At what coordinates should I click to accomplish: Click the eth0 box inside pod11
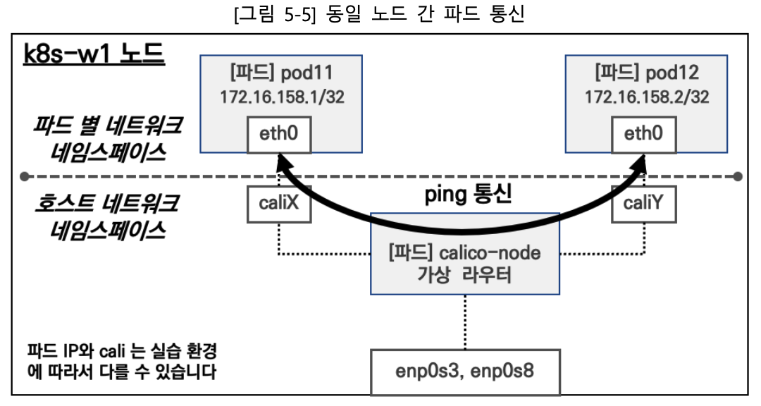tap(279, 135)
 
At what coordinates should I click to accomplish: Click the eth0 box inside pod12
tap(643, 135)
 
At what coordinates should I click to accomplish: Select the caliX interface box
tap(279, 204)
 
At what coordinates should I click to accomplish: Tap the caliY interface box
tap(643, 204)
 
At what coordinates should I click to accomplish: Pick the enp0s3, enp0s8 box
tap(465, 371)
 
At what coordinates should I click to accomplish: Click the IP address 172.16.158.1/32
tap(282, 97)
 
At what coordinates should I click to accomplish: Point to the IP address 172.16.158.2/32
tap(646, 97)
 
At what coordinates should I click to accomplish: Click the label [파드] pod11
tap(281, 73)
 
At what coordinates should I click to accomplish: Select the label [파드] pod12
tap(646, 73)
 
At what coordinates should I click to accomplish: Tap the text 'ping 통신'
tap(468, 195)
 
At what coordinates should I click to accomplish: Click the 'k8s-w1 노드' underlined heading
tap(94, 54)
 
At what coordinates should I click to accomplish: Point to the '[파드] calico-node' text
tap(464, 252)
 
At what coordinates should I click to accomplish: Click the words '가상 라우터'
tap(464, 275)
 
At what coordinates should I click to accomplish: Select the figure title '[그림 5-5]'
tap(275, 13)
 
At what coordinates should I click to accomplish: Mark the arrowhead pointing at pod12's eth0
tap(640, 164)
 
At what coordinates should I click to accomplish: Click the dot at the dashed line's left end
tap(25, 176)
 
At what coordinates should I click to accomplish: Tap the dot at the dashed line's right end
tap(738, 176)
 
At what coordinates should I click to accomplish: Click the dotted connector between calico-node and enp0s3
tap(465, 322)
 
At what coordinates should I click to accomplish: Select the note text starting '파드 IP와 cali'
tap(122, 362)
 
